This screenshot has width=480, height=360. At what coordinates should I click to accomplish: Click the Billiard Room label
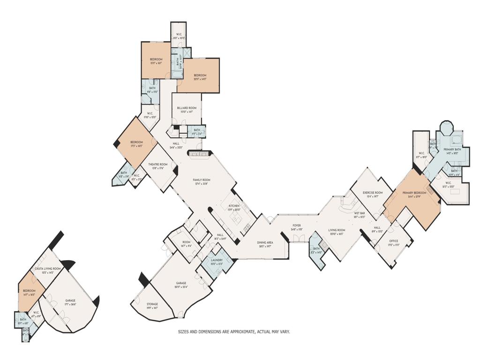(187, 108)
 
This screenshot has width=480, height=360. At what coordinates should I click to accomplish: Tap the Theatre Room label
(158, 165)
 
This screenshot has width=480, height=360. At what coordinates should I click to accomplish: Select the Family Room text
(202, 180)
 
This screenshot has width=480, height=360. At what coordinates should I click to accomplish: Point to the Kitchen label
(234, 206)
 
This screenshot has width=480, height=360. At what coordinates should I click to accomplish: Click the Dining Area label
(265, 242)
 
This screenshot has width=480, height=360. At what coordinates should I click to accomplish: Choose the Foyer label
(297, 225)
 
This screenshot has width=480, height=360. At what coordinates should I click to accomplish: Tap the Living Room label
(337, 230)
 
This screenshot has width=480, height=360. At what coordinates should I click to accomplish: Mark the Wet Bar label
(359, 213)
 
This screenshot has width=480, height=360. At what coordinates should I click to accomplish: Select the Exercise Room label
(373, 193)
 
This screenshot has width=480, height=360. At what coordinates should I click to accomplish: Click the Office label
(393, 241)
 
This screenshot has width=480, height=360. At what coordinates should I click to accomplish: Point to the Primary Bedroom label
(414, 193)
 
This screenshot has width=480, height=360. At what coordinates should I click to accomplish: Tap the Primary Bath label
(452, 149)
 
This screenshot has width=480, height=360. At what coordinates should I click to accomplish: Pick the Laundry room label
(217, 260)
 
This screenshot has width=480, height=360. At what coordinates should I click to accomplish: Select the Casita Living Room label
(45, 269)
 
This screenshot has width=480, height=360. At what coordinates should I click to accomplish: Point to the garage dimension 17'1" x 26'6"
(70, 304)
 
